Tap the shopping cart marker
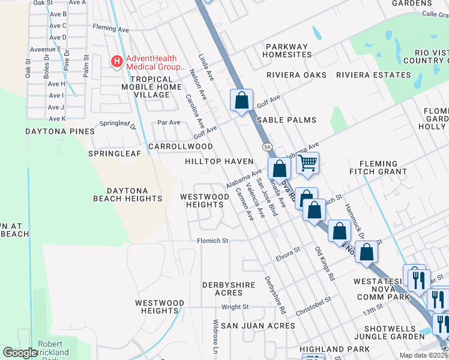click(307, 163)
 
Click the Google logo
click(20, 352)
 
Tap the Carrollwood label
click(180, 146)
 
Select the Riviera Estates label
click(373, 75)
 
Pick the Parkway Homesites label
click(287, 50)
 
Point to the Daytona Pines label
click(59, 131)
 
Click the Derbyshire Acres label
click(231, 289)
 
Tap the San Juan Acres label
click(258, 326)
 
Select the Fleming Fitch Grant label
click(378, 167)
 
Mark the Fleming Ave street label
click(111, 28)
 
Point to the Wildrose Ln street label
click(215, 339)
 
